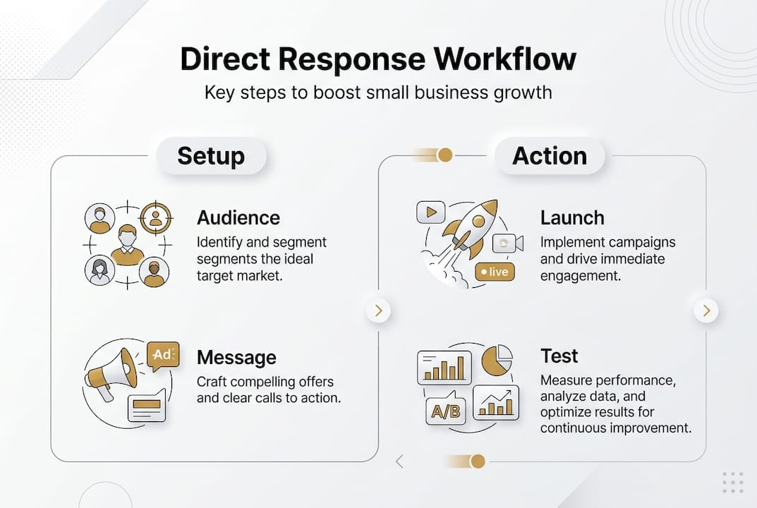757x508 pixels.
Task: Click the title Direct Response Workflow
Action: (x=378, y=60)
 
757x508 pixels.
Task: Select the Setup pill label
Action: (x=211, y=156)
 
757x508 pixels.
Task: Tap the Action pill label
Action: (x=550, y=156)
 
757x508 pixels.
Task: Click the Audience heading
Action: (x=238, y=217)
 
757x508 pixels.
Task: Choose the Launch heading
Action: (x=572, y=217)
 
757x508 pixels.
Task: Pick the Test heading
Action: (x=559, y=356)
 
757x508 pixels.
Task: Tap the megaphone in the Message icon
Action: (x=112, y=371)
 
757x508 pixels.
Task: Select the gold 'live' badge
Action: (x=495, y=272)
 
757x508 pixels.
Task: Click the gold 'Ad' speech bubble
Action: (x=163, y=355)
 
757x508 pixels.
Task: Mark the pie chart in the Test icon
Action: (x=497, y=361)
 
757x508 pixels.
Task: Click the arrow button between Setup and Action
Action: (x=379, y=310)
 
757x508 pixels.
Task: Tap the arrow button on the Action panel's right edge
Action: (x=706, y=310)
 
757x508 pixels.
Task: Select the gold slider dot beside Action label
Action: (x=444, y=155)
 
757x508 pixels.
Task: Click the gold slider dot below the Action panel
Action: (x=478, y=461)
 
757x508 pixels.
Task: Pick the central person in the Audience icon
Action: (x=128, y=245)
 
